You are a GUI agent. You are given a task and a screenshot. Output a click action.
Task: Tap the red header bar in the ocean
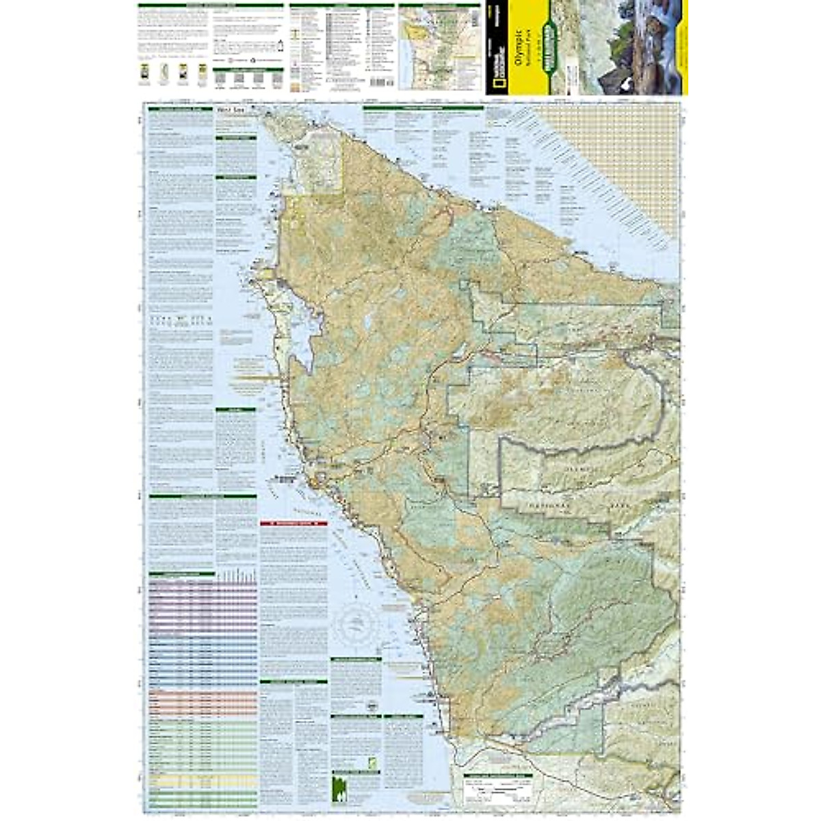click(x=294, y=523)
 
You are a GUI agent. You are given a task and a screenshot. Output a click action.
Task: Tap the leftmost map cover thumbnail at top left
click(x=144, y=73)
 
